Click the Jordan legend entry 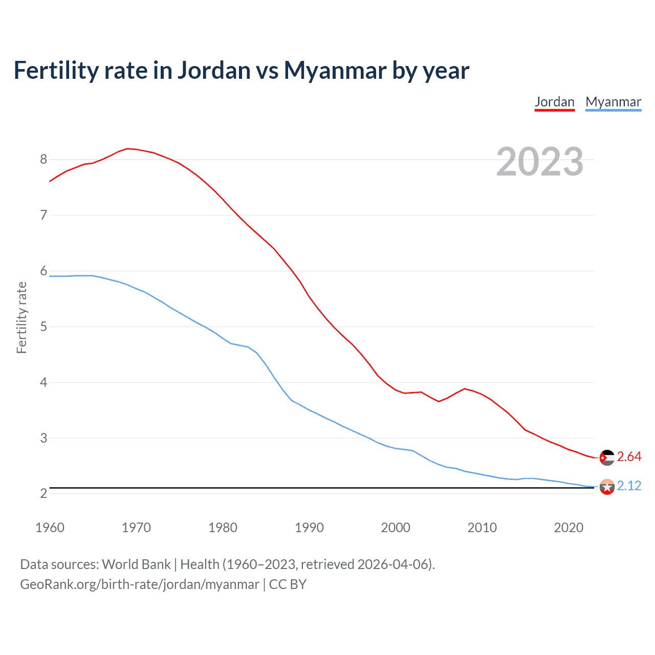pos(554,102)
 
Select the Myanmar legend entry pos(613,102)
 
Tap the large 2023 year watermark pos(539,162)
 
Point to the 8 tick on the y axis pos(43,159)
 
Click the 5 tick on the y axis pos(43,326)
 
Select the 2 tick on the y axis pos(43,493)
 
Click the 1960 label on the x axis pos(50,528)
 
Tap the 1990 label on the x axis pos(309,528)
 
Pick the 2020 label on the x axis pos(569,528)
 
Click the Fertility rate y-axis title pos(21,317)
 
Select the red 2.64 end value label pos(629,456)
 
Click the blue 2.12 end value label pos(629,486)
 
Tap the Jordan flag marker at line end pos(607,457)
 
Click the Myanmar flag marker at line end pos(607,487)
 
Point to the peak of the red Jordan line pos(128,148)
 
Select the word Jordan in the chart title pos(214,70)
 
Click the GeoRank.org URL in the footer pos(139,584)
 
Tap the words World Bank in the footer pos(136,564)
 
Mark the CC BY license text pos(288,584)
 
